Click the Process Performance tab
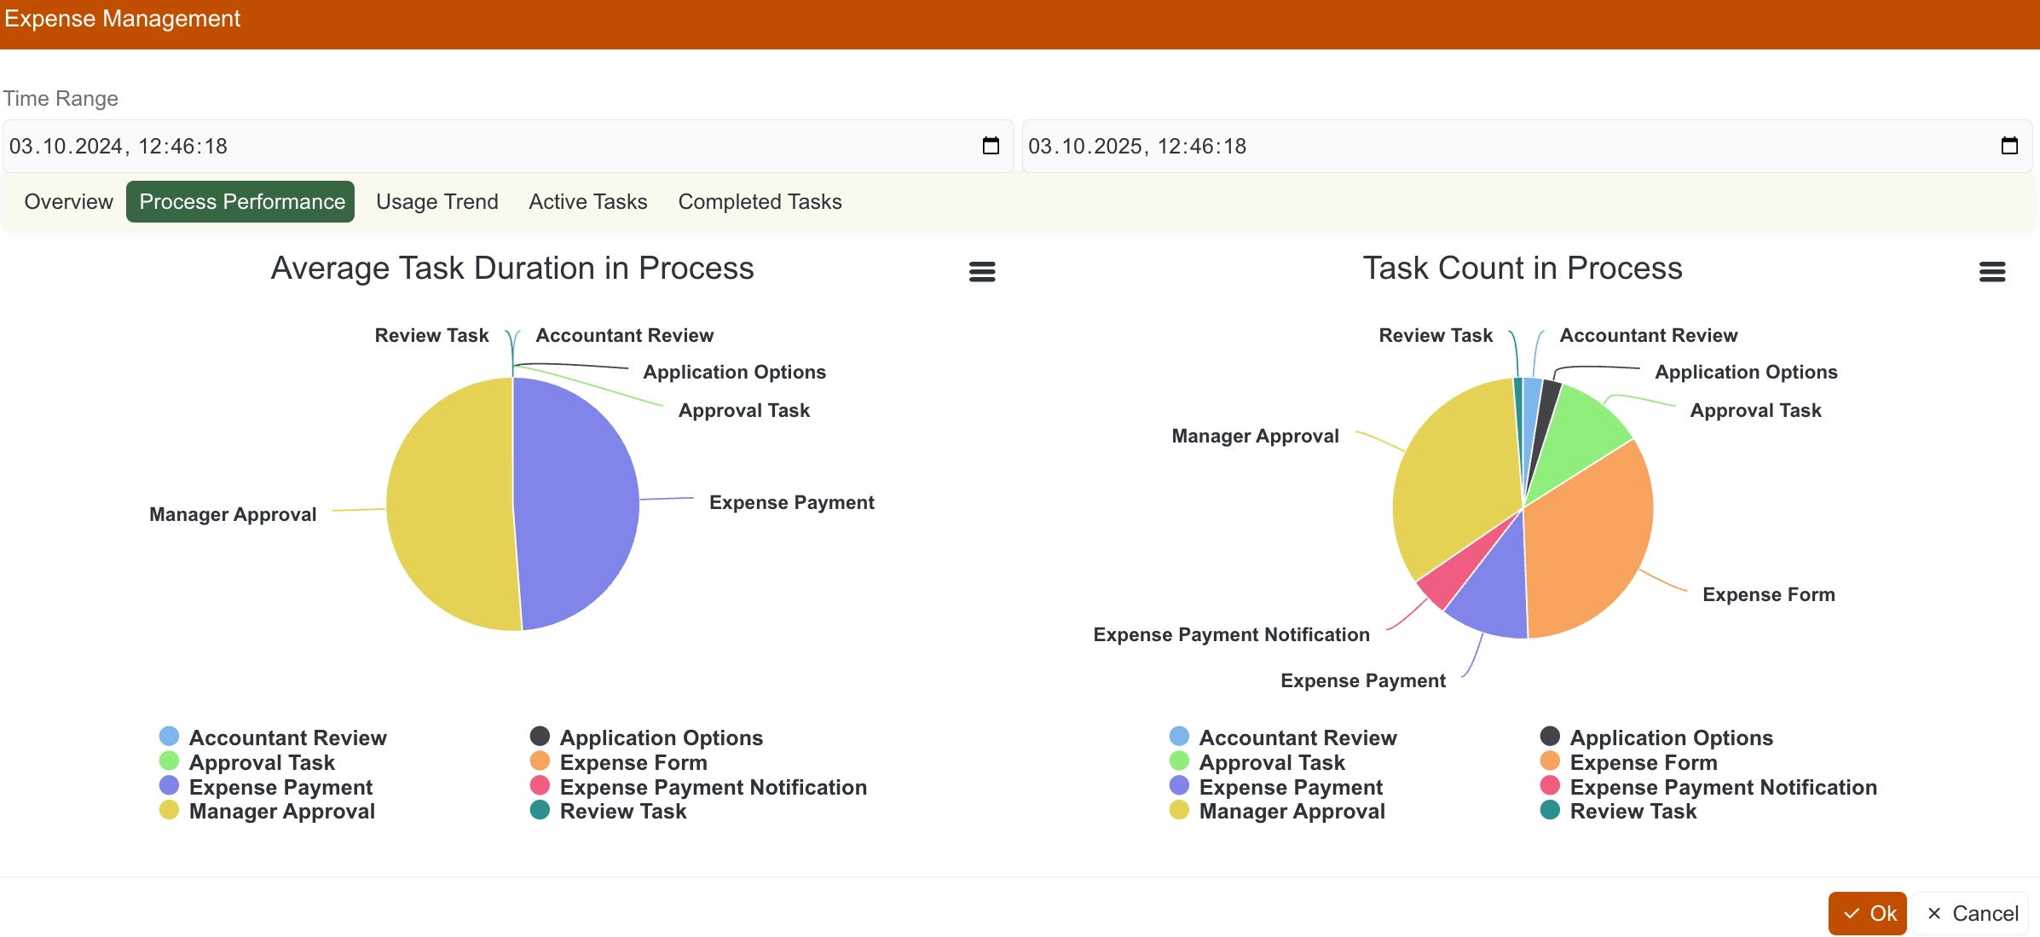[240, 202]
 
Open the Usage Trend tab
[436, 202]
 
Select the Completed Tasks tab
[760, 202]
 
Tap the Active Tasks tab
[587, 202]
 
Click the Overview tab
[68, 202]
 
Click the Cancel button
[1971, 913]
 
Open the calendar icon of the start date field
[991, 146]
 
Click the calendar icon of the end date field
[2009, 146]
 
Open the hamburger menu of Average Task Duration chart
[982, 272]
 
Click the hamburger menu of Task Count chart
[1991, 272]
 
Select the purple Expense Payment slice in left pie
[575, 503]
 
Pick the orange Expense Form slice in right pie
[1590, 537]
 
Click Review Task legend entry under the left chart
[622, 812]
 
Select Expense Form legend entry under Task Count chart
[1643, 762]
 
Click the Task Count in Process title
[1522, 269]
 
